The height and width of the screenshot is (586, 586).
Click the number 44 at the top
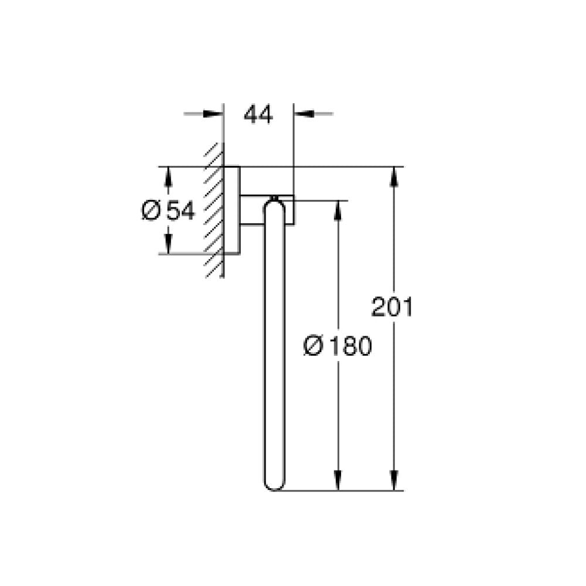coord(258,115)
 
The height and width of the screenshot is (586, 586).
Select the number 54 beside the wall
coord(180,210)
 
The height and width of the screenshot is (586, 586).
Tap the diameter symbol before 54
coord(151,210)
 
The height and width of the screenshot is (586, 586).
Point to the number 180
coord(349,347)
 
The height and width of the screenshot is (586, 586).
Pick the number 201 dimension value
coord(392,307)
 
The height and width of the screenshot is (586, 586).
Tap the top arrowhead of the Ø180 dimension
coord(338,209)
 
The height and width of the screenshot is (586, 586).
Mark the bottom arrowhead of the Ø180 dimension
coord(338,482)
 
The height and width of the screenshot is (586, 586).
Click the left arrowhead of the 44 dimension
coord(216,113)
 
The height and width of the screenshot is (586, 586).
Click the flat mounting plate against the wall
coord(231,210)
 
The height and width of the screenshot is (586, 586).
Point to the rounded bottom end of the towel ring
coord(274,483)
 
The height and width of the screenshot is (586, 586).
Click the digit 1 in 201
coord(407,307)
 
